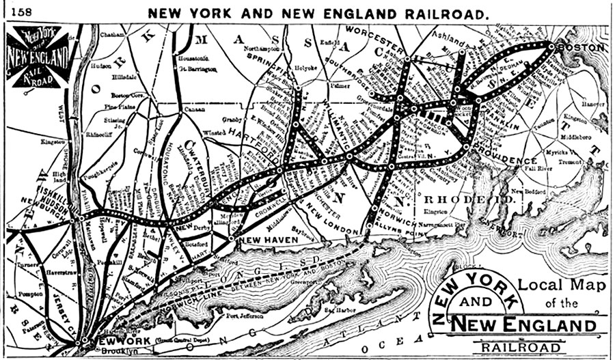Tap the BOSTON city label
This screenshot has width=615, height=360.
click(x=581, y=48)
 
